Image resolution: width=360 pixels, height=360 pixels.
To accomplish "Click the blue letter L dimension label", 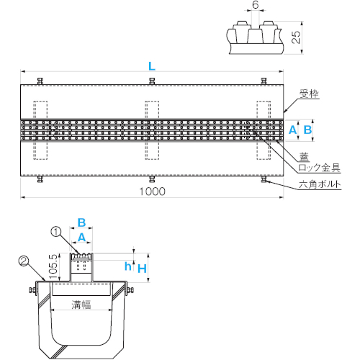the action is coord(152,66).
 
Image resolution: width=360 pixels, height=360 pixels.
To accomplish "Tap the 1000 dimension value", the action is coord(152,192).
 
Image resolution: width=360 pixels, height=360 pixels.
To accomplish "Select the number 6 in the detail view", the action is coord(256,4).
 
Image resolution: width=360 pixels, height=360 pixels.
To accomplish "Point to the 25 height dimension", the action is coord(296,37).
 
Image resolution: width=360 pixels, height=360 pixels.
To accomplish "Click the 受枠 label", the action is coord(309,94).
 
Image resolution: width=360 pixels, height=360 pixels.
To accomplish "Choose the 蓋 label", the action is coord(304,157).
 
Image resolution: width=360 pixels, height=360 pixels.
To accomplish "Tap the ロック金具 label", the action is coord(319,168).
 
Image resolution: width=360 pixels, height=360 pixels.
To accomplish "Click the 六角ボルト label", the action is coord(320,184).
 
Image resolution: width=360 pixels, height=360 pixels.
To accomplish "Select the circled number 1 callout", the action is coord(56,232).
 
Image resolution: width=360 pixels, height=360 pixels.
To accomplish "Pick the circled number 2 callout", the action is coord(23,261).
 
